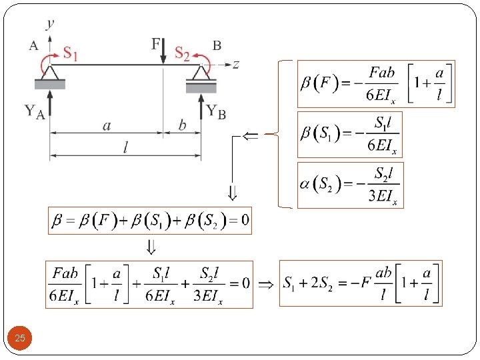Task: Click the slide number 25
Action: pyautogui.click(x=20, y=339)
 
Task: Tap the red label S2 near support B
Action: pyautogui.click(x=182, y=53)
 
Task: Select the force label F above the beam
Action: pyautogui.click(x=156, y=44)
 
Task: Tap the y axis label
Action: pyautogui.click(x=51, y=25)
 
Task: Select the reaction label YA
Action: pyautogui.click(x=35, y=112)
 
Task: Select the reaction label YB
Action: pyautogui.click(x=216, y=111)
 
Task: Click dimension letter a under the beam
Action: pyautogui.click(x=107, y=126)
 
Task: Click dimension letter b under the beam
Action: pyautogui.click(x=182, y=125)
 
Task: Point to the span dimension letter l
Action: pyautogui.click(x=125, y=148)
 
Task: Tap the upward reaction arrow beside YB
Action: pyautogui.click(x=201, y=105)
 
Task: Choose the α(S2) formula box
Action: pyautogui.click(x=350, y=185)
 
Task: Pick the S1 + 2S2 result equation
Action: pyautogui.click(x=360, y=283)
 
